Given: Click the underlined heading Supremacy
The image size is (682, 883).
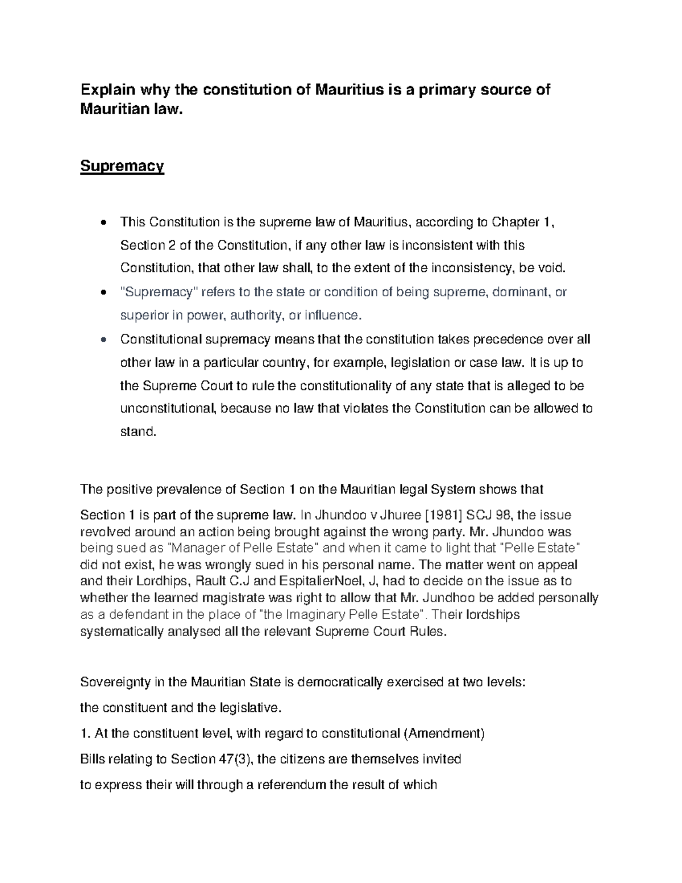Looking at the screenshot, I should (122, 167).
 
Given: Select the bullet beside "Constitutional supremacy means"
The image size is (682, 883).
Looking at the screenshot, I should (102, 340).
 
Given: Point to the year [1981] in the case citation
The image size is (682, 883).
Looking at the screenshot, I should (444, 515).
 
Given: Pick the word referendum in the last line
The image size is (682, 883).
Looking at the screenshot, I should (292, 785).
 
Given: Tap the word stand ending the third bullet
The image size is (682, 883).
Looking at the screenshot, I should (138, 432).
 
